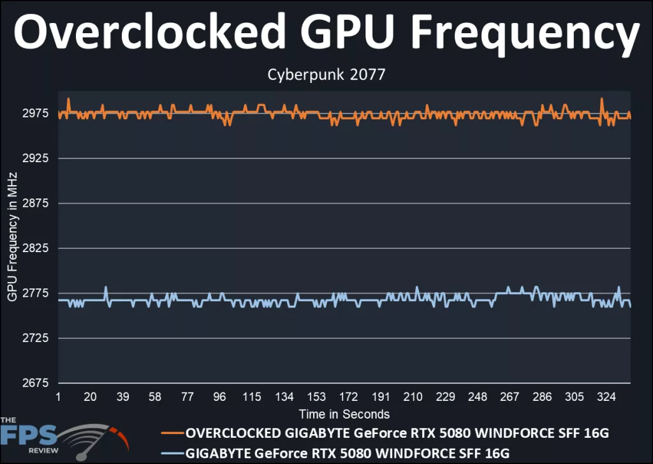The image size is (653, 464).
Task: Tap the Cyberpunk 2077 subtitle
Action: [x=326, y=75]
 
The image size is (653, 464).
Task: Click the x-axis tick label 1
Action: [x=58, y=397]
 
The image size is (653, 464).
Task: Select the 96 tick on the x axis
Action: [x=219, y=397]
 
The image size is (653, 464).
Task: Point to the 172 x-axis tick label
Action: [x=348, y=397]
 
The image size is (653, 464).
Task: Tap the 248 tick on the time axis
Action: [x=477, y=397]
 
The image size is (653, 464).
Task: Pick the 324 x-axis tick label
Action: [x=606, y=397]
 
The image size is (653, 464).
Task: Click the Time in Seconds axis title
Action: [x=344, y=414]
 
